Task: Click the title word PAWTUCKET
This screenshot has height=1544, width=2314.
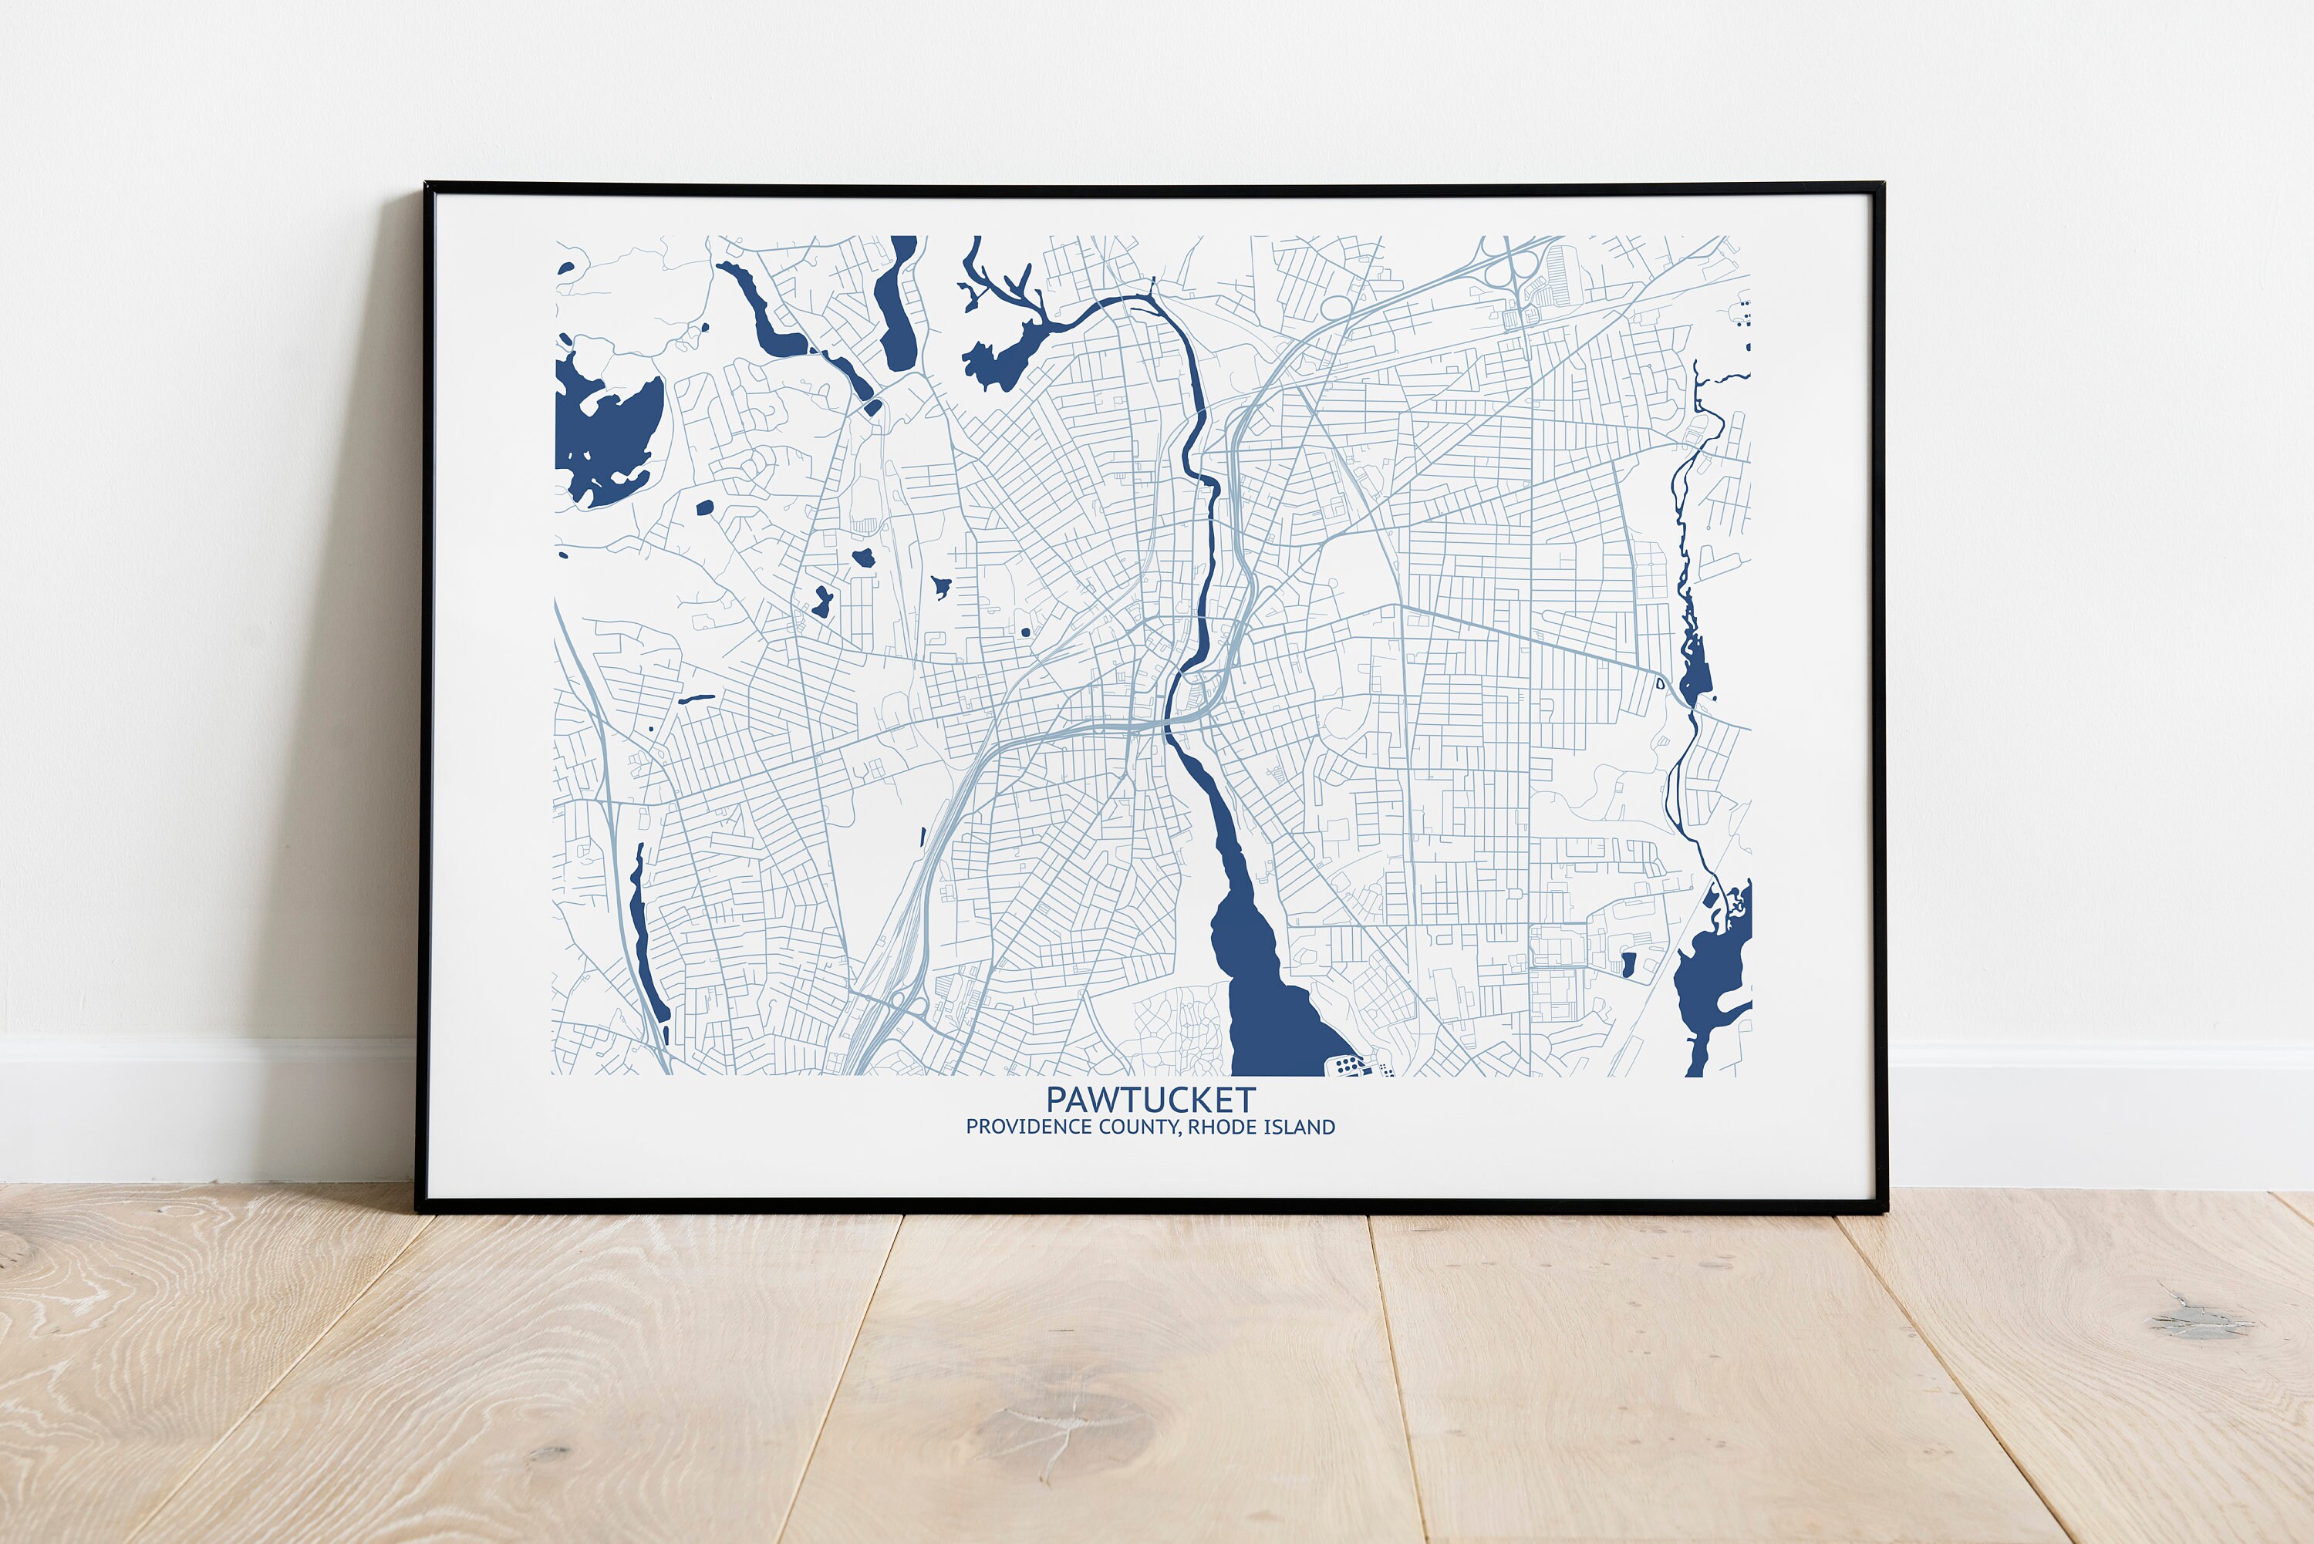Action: point(1150,1099)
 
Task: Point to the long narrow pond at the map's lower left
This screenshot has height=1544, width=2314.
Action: point(645,946)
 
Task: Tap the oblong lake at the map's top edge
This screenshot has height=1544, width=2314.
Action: point(896,300)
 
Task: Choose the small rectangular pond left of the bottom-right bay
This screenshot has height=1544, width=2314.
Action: point(1628,963)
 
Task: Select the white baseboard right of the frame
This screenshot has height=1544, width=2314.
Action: point(2097,1113)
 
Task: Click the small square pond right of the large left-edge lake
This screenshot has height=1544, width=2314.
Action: point(704,508)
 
